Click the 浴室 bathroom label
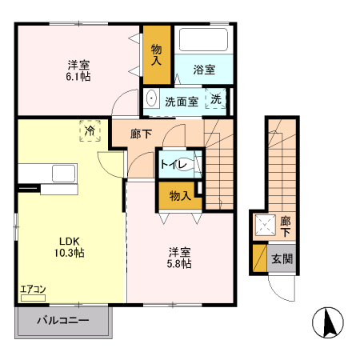(204, 70)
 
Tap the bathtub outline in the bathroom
(203, 41)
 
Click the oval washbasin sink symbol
(152, 100)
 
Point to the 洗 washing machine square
(217, 99)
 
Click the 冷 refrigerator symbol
(90, 130)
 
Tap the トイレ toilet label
(174, 166)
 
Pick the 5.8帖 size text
(179, 263)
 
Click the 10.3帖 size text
(70, 252)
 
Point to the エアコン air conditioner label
(33, 290)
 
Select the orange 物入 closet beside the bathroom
(158, 55)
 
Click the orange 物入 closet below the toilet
(179, 195)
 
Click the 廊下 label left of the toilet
(142, 134)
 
